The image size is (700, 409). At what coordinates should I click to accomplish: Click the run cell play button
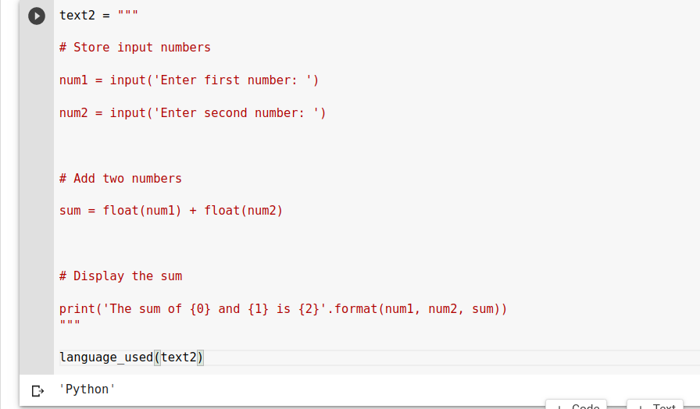click(37, 16)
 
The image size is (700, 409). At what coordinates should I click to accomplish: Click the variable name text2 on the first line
click(77, 16)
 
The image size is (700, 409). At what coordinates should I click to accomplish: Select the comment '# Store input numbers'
click(134, 48)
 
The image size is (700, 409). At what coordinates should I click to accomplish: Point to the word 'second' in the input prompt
click(225, 113)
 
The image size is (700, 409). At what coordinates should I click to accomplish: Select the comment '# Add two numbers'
click(120, 179)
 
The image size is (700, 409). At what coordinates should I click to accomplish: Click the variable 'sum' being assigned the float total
click(70, 211)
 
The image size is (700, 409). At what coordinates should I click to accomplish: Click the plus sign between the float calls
click(193, 211)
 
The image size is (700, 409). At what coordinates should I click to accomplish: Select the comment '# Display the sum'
click(120, 276)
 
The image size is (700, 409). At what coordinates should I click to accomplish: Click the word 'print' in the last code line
click(77, 309)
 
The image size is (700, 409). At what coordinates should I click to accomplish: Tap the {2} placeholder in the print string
click(309, 309)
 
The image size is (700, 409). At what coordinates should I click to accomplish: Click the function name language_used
click(106, 357)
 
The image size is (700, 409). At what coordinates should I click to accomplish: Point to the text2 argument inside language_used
click(178, 357)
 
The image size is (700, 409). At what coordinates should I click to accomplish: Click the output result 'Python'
click(87, 389)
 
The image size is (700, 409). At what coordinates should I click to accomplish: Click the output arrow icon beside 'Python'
click(37, 390)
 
